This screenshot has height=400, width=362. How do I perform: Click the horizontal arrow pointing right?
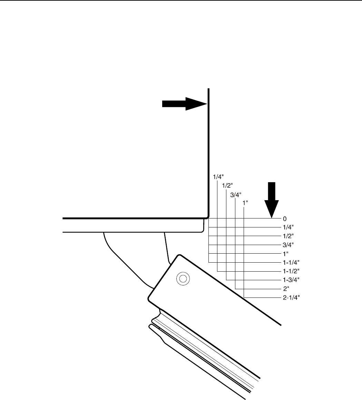(x=185, y=104)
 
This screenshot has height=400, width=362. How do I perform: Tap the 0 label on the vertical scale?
(x=285, y=219)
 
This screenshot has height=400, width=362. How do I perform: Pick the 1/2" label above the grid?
(x=226, y=186)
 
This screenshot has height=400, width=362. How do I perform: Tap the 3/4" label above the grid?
(x=235, y=195)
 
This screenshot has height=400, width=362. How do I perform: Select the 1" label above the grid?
(x=245, y=204)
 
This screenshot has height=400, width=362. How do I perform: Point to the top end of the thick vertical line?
(x=208, y=89)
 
